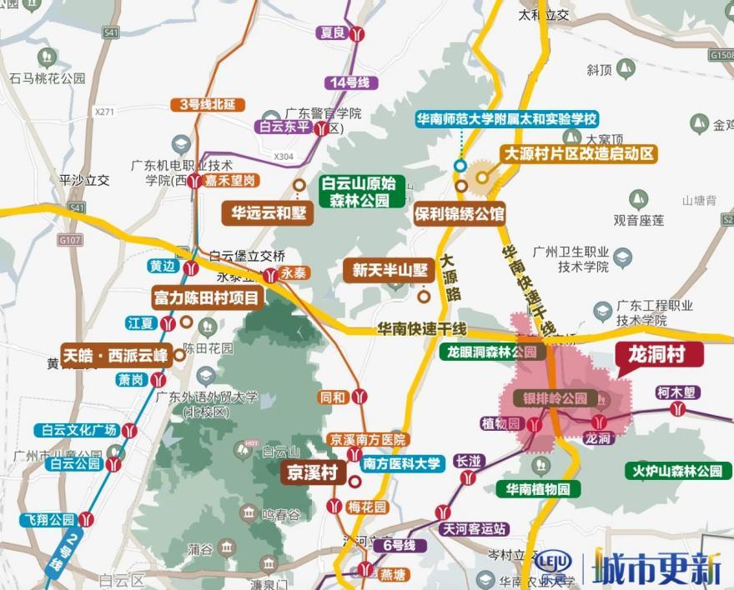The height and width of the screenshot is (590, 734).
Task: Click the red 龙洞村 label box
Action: tap(659, 355)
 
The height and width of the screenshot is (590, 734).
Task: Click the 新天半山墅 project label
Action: tap(390, 270)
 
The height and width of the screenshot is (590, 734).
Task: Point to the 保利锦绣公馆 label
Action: tap(460, 214)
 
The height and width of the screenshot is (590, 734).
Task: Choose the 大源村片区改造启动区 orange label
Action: tap(579, 154)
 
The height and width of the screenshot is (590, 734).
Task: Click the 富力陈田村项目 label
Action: tap(206, 297)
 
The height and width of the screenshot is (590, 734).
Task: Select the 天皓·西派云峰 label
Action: tap(116, 354)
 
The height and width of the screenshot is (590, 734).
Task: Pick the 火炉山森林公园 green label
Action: tap(674, 471)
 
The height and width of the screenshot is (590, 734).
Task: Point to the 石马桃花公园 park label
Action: tap(48, 78)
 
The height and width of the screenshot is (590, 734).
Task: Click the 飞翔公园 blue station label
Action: tap(49, 520)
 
